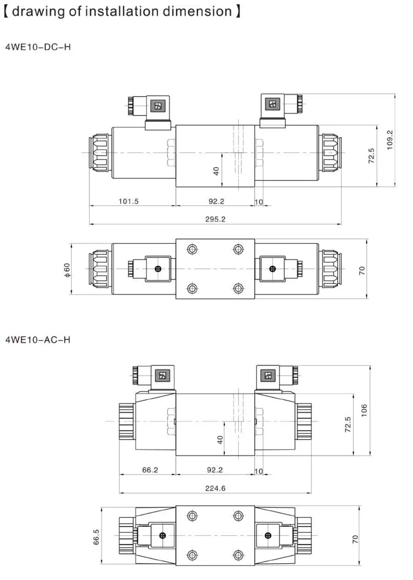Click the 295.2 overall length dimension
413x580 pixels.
[x=215, y=219]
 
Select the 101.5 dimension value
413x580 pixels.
[x=129, y=201]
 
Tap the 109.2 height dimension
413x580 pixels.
[x=390, y=140]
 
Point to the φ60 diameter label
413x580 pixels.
[x=67, y=270]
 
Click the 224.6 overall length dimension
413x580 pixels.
[x=215, y=488]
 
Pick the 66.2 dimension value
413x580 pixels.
[x=150, y=470]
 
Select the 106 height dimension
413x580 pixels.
[x=364, y=410]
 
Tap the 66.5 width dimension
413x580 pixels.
[x=96, y=537]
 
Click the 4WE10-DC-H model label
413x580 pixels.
[x=38, y=47]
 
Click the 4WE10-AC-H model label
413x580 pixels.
[x=38, y=340]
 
